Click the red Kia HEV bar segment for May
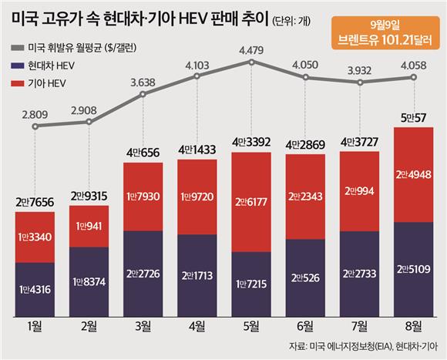tap(251, 202)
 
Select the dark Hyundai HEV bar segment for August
tap(414, 269)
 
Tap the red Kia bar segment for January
tap(35, 237)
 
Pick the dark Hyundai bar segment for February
tap(89, 282)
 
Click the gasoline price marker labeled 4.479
tap(251, 62)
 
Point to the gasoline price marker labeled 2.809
tap(35, 126)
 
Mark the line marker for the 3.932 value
tap(360, 82)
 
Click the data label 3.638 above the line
tap(143, 82)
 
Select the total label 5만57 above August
tap(413, 118)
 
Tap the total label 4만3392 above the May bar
tap(251, 142)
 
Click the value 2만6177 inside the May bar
tap(251, 202)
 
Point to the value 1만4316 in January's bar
tap(35, 290)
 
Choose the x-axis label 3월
tap(143, 326)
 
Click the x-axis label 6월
tap(305, 326)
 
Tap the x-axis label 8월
tap(414, 326)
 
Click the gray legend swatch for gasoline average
tap(18, 48)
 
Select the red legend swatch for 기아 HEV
tap(18, 83)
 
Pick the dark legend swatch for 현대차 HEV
tap(18, 66)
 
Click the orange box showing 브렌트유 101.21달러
tap(385, 33)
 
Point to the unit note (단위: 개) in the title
tap(291, 21)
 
